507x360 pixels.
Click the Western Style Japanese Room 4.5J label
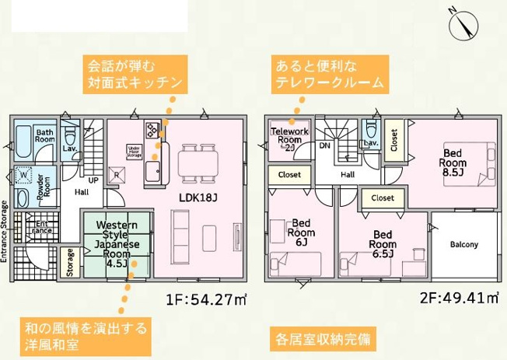click(117, 243)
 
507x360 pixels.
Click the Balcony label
click(464, 246)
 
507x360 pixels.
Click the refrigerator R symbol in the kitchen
click(117, 175)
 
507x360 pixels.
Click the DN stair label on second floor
click(324, 145)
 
